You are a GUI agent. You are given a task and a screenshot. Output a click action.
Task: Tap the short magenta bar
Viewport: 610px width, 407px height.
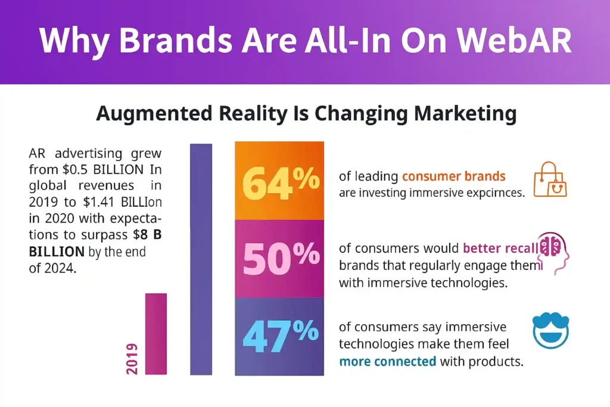pyautogui.click(x=156, y=334)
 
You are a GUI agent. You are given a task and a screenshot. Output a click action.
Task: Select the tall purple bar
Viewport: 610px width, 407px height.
pyautogui.click(x=201, y=259)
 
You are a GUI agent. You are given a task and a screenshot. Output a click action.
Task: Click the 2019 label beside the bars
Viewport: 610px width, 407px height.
pyautogui.click(x=132, y=359)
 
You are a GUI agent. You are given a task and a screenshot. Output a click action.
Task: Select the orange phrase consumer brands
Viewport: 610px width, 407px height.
pyautogui.click(x=453, y=176)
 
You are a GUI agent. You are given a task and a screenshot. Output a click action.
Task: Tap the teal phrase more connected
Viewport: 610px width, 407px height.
pyautogui.click(x=388, y=361)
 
